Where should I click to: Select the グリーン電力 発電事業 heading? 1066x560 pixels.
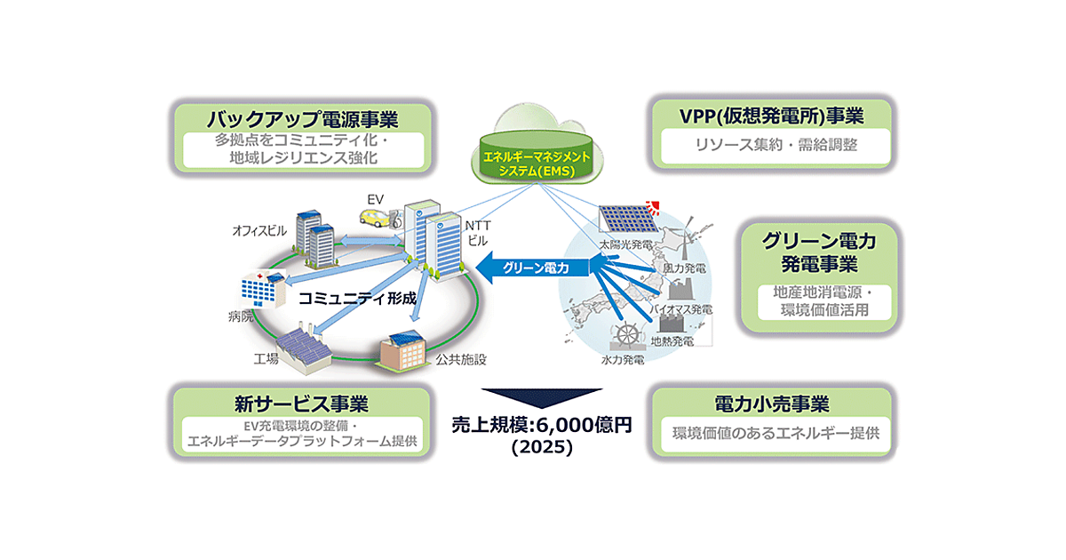[x=817, y=252]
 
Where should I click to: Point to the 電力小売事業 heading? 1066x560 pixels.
[x=771, y=404]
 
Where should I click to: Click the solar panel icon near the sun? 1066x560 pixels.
[x=625, y=217]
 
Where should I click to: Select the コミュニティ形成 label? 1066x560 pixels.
[x=357, y=299]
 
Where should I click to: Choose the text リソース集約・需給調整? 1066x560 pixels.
[x=770, y=143]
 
